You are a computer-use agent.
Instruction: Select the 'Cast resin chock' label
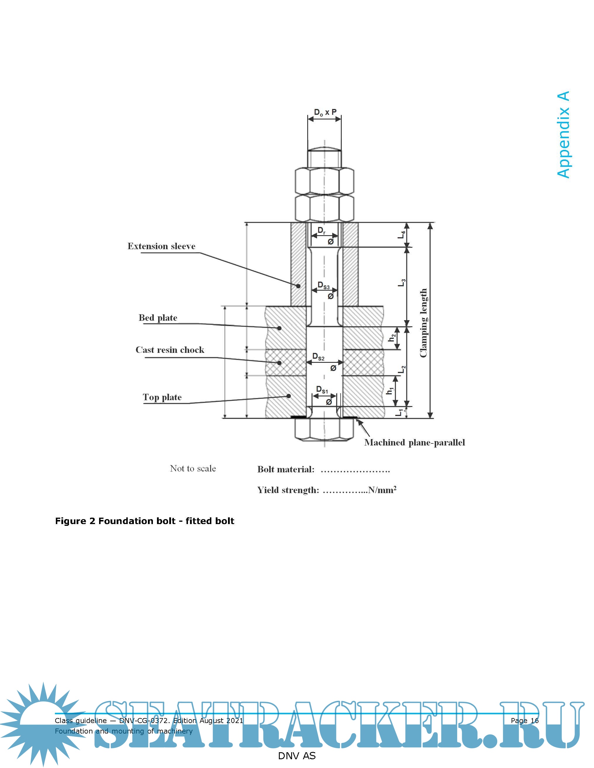pyautogui.click(x=170, y=350)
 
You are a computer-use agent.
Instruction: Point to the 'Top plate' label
pyautogui.click(x=162, y=397)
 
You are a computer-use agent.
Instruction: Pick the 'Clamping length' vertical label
pyautogui.click(x=423, y=323)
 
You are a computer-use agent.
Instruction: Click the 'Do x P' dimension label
pyautogui.click(x=325, y=112)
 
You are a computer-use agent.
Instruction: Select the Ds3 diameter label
pyautogui.click(x=323, y=285)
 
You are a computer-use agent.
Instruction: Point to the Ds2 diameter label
pyautogui.click(x=318, y=357)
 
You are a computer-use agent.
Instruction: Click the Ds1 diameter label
pyautogui.click(x=322, y=390)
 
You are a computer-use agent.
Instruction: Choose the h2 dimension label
pyautogui.click(x=392, y=338)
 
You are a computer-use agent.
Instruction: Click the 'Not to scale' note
pyautogui.click(x=193, y=468)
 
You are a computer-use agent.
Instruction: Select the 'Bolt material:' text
pyautogui.click(x=286, y=469)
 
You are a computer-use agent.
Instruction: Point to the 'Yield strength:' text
pyautogui.click(x=288, y=490)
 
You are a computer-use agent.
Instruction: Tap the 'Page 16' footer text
pyautogui.click(x=524, y=720)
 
